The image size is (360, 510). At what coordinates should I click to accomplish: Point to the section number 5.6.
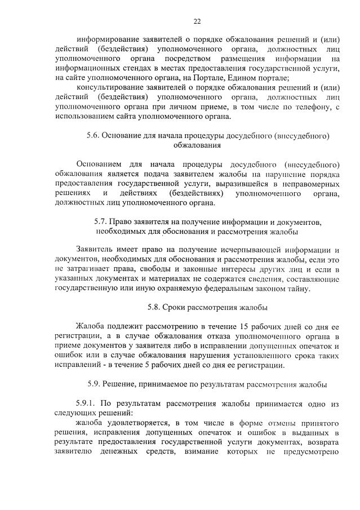94,136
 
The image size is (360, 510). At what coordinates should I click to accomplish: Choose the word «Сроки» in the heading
175,308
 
